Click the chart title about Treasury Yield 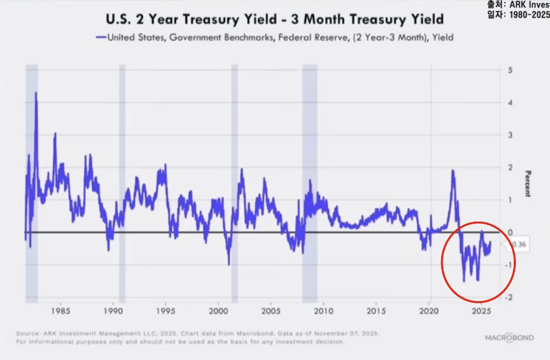click(x=275, y=19)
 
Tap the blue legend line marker click(x=101, y=37)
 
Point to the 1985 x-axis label click(x=61, y=311)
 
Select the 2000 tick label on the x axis click(x=218, y=311)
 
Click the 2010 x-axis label click(x=324, y=311)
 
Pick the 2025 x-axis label click(x=481, y=311)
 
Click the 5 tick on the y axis click(x=510, y=70)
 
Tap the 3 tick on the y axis click(x=510, y=135)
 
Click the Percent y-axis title click(x=528, y=184)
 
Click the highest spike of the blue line click(x=36, y=93)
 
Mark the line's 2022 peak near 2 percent click(x=453, y=171)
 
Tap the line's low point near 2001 click(x=229, y=264)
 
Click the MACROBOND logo click(x=509, y=337)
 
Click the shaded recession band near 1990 click(x=122, y=181)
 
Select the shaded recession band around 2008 click(x=310, y=181)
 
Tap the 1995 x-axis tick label click(x=166, y=311)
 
